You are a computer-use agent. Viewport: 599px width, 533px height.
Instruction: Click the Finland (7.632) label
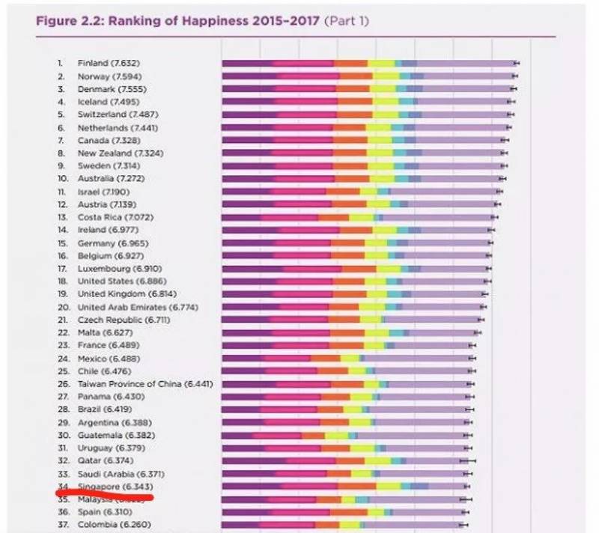click(x=108, y=63)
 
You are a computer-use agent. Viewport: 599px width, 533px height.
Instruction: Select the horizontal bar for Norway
click(x=367, y=76)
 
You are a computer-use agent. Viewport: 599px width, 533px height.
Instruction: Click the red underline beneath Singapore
click(x=104, y=495)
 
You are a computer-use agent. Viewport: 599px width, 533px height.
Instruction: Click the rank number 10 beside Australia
click(x=63, y=178)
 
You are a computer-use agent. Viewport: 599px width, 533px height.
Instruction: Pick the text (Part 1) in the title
click(x=345, y=20)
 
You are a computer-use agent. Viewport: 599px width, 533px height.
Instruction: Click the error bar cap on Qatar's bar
click(x=468, y=460)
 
